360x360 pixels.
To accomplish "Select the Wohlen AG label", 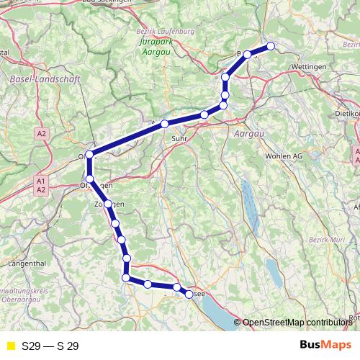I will [x=282, y=156].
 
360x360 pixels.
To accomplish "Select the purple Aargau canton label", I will [x=251, y=134].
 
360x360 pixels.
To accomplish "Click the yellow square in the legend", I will [x=10, y=346].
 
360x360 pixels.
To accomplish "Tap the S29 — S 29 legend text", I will [x=50, y=346].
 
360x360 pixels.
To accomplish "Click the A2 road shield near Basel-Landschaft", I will [x=42, y=133].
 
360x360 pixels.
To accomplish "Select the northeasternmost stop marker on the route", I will [x=271, y=46].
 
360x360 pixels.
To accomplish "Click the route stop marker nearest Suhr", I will [x=165, y=125].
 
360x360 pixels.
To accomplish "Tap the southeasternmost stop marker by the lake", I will [x=189, y=294].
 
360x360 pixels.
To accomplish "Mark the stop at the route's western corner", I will [x=89, y=155].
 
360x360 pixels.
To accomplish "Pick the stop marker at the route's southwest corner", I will [x=126, y=278].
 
